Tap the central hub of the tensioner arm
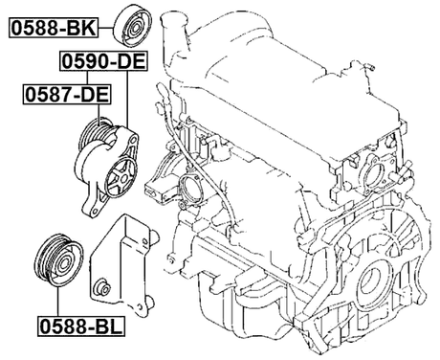tap(122, 175)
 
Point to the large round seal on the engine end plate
tap(377, 277)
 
